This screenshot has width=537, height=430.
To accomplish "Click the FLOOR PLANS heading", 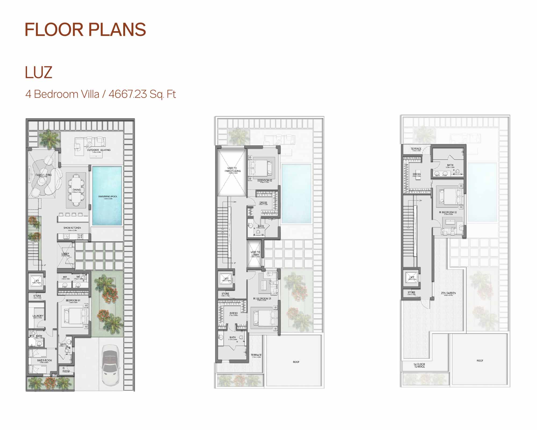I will pos(85,30).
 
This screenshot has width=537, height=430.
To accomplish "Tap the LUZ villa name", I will pos(38,73).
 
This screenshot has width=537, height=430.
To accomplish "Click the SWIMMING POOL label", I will pos(108,196).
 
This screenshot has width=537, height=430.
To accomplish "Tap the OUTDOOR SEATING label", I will pos(99,150).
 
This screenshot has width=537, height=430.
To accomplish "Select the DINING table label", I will pos(77,190).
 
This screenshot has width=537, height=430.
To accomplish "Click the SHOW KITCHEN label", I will pos(72,228).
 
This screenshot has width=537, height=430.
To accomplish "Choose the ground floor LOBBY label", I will pos(65,254).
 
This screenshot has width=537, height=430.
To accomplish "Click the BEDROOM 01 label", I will pos(73,300).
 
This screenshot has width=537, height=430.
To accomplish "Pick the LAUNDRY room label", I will pos(38,316).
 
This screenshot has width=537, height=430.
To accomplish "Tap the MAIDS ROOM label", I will pos(45,360).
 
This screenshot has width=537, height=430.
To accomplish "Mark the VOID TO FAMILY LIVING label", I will pos(233,170).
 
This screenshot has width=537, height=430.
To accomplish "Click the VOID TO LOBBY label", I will pos(255,253).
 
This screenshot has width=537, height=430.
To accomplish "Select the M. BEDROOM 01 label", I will pos(262,299).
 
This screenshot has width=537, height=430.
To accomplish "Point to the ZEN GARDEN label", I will pos(448,293).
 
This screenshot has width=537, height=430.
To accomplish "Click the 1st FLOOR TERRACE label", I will pos(419,365).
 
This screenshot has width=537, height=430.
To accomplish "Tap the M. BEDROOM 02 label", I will pos(448,212).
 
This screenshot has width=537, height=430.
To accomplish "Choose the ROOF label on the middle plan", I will pos(296,362).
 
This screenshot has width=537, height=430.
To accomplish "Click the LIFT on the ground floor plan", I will pos(37,281).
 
